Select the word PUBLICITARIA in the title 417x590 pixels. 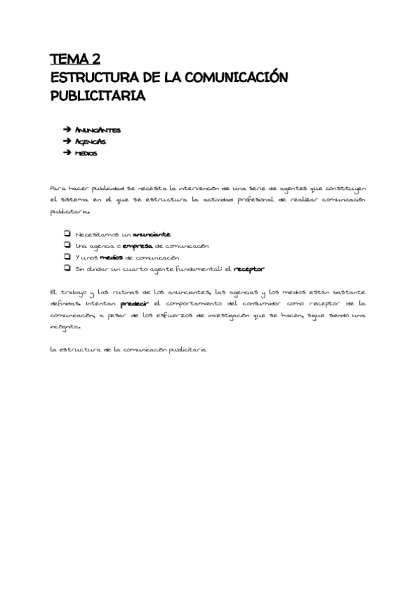97,96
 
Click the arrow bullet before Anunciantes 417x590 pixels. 67,130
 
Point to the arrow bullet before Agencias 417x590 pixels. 67,141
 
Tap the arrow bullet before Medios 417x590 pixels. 67,153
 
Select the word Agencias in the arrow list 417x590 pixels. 91,141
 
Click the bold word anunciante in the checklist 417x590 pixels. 151,234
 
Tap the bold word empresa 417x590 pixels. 138,246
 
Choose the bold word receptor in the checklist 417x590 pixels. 249,269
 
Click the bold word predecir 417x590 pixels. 135,304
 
